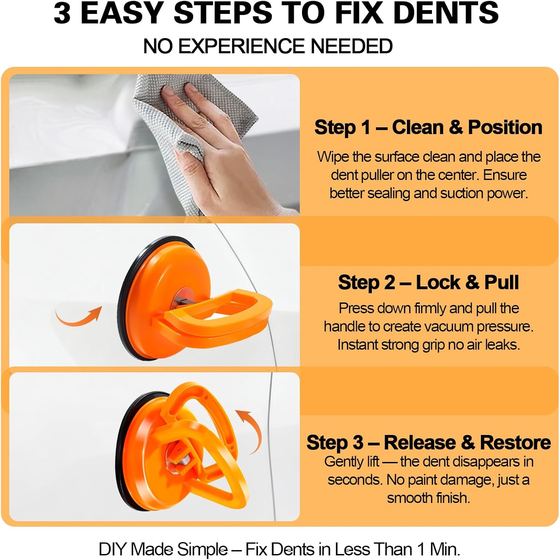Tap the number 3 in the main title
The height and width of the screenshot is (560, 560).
(x=62, y=13)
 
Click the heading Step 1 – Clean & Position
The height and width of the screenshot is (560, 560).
(x=428, y=127)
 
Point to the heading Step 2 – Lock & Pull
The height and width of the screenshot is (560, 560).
(x=428, y=282)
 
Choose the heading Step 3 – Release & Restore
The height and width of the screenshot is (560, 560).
(x=428, y=442)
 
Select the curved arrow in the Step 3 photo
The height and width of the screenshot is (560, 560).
(x=250, y=429)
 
